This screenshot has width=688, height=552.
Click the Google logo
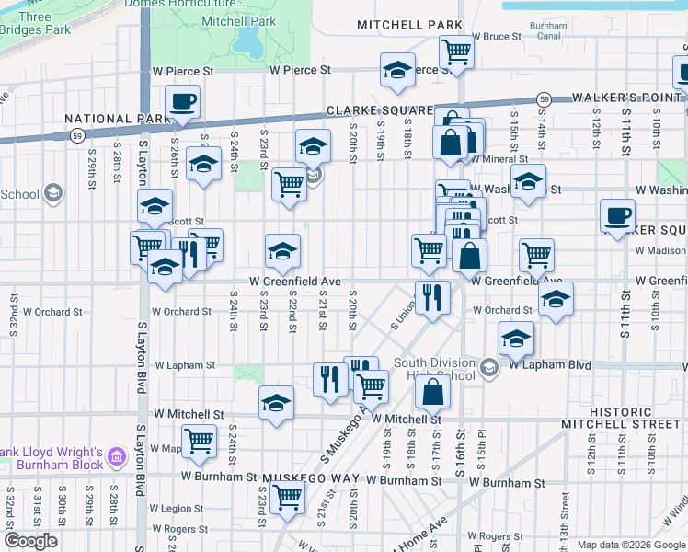[x=30, y=541]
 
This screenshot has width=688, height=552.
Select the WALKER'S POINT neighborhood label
[x=628, y=97]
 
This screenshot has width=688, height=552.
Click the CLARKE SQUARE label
[x=380, y=110]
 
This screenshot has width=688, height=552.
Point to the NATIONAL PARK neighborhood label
[x=117, y=119]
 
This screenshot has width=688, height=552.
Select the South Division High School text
[x=436, y=369]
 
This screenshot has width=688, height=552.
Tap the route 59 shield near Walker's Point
[x=545, y=98]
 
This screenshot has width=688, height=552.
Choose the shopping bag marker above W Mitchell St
[x=431, y=394]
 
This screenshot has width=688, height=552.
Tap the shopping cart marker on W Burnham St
[x=288, y=498]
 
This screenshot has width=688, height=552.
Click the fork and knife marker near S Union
[x=431, y=296]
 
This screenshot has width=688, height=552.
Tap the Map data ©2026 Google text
[x=630, y=545]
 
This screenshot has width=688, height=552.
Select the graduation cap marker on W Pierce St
[x=397, y=70]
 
